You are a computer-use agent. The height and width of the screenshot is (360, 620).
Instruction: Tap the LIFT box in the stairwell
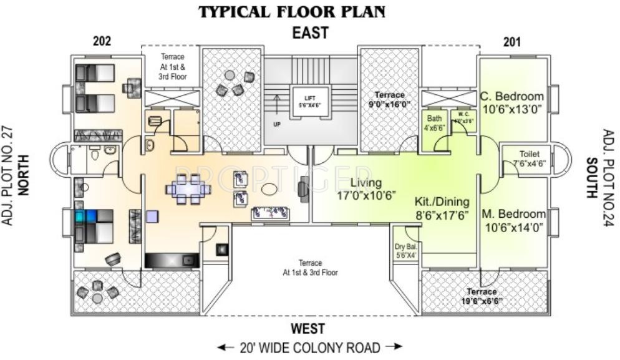[310, 102]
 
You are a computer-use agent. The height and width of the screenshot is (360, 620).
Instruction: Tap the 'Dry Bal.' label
[405, 251]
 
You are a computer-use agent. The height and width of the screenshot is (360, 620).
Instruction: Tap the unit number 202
[102, 42]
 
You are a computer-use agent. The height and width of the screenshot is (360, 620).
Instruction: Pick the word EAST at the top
[310, 33]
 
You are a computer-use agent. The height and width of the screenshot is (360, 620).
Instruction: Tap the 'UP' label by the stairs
[277, 124]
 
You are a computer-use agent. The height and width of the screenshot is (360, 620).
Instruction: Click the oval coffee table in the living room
[269, 188]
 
